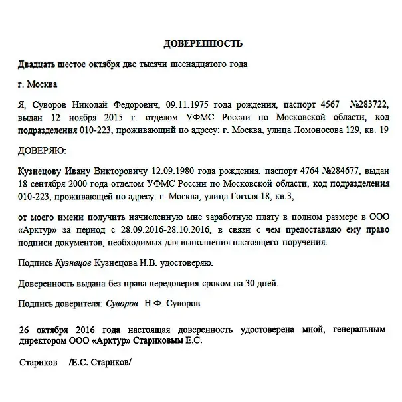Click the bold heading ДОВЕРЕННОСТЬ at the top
click(x=203, y=44)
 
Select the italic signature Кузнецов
click(x=74, y=263)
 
